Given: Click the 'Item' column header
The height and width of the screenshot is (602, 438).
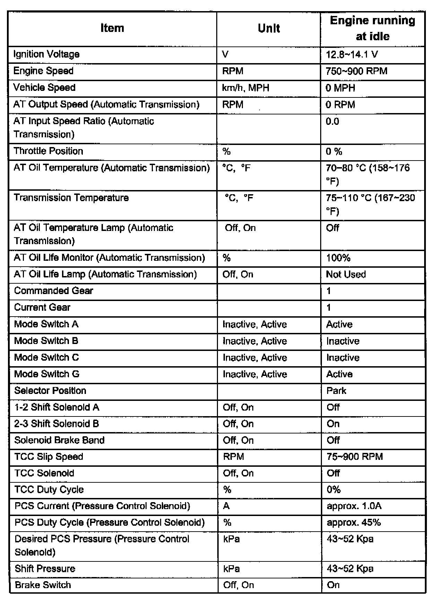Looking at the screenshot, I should click(112, 28).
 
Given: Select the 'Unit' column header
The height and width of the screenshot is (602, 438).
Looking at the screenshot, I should click(269, 28).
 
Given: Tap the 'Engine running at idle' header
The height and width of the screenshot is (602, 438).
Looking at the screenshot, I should click(373, 28).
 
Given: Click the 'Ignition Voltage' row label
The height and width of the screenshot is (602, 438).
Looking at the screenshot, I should click(46, 54).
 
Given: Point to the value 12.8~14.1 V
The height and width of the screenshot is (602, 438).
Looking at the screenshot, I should click(352, 54).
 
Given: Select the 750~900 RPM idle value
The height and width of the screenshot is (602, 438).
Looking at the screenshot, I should click(357, 71).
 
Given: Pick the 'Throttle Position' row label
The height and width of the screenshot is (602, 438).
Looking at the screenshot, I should click(49, 151).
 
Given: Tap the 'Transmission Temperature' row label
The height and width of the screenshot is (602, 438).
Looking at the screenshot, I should click(71, 198).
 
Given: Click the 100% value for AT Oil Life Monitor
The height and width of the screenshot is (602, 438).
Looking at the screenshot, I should click(339, 258).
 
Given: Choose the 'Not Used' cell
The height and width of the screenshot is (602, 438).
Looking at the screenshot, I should click(346, 274).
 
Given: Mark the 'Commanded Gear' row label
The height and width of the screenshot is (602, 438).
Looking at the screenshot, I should click(54, 291).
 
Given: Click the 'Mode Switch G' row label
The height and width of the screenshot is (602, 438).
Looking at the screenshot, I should click(47, 374).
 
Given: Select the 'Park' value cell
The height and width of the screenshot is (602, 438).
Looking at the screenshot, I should click(336, 391).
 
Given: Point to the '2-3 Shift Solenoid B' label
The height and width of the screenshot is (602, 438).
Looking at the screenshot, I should click(57, 424).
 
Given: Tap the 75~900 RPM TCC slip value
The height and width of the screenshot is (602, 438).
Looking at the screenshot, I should click(355, 457).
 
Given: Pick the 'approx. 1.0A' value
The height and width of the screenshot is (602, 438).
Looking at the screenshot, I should click(354, 506).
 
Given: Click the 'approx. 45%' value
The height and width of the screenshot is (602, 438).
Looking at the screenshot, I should click(354, 523).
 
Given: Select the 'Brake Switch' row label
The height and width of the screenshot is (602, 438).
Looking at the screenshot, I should click(43, 585).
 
